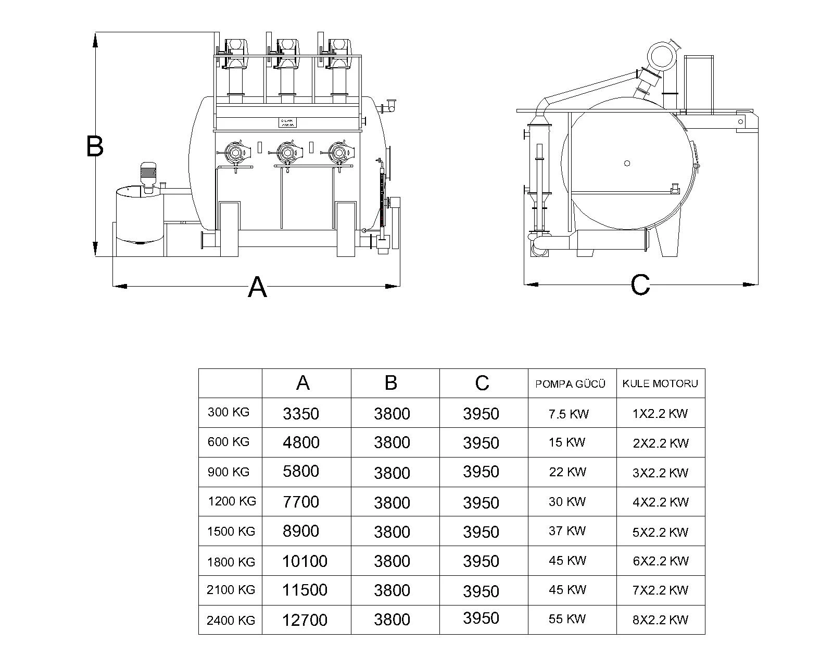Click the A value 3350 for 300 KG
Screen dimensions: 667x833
click(300, 414)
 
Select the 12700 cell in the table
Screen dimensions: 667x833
click(305, 620)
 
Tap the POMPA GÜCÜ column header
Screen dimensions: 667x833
click(570, 385)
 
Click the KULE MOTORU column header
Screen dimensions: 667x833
click(660, 384)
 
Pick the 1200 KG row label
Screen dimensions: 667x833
click(232, 502)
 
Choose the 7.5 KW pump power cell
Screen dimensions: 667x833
click(568, 414)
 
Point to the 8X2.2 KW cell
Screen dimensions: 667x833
click(660, 620)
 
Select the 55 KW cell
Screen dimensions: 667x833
click(567, 619)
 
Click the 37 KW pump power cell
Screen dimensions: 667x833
click(567, 531)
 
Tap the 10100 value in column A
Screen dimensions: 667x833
click(305, 561)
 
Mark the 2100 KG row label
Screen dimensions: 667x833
click(231, 590)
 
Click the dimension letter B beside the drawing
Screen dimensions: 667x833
click(95, 146)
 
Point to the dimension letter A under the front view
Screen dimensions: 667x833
click(257, 287)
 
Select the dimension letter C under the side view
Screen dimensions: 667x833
click(640, 285)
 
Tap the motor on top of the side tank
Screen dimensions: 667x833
click(148, 175)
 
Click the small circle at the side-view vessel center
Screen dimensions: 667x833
click(627, 163)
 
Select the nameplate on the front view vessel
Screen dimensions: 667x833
click(287, 123)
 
